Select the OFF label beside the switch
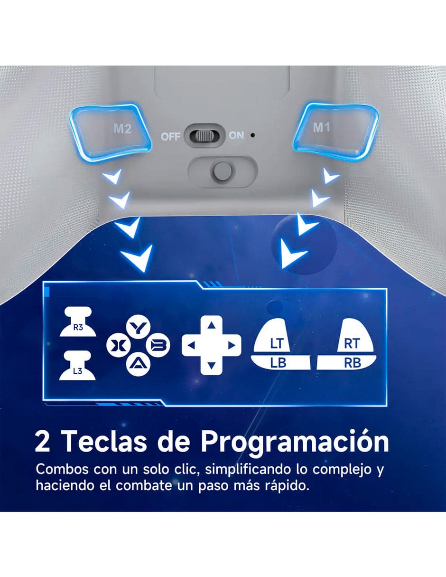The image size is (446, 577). (170, 137)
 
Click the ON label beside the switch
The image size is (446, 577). (236, 136)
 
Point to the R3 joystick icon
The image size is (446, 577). (78, 322)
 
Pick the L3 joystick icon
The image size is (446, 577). (78, 367)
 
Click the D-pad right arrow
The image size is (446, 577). (231, 345)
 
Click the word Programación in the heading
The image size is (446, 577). (294, 442)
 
